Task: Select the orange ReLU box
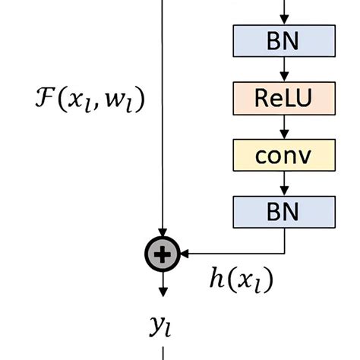284,96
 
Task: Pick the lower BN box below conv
284,210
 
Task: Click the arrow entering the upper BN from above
284,11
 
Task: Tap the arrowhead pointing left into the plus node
184,253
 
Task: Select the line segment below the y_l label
163,352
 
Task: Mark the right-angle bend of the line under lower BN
284,253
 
